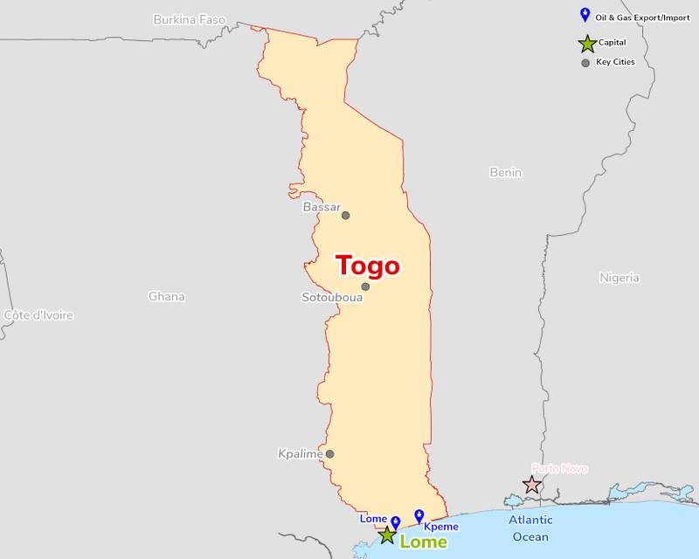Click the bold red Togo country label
coord(368,266)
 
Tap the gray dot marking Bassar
coord(345,216)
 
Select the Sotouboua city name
coord(332,297)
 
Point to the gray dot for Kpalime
coord(330,454)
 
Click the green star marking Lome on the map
coord(387,535)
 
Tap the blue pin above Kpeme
coord(419,515)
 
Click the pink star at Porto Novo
coord(531,484)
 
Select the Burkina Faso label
coord(189,19)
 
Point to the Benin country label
coord(506,172)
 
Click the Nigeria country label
coord(619,278)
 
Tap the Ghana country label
coord(166,296)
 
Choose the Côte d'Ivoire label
coord(38,314)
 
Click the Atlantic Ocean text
coord(530,528)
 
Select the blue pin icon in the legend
coord(585,15)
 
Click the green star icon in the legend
coord(586,43)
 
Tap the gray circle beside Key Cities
coord(585,63)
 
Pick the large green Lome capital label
coord(423,542)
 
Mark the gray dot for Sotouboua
coord(365,286)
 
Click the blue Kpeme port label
coord(440,527)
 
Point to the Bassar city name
coord(321,207)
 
